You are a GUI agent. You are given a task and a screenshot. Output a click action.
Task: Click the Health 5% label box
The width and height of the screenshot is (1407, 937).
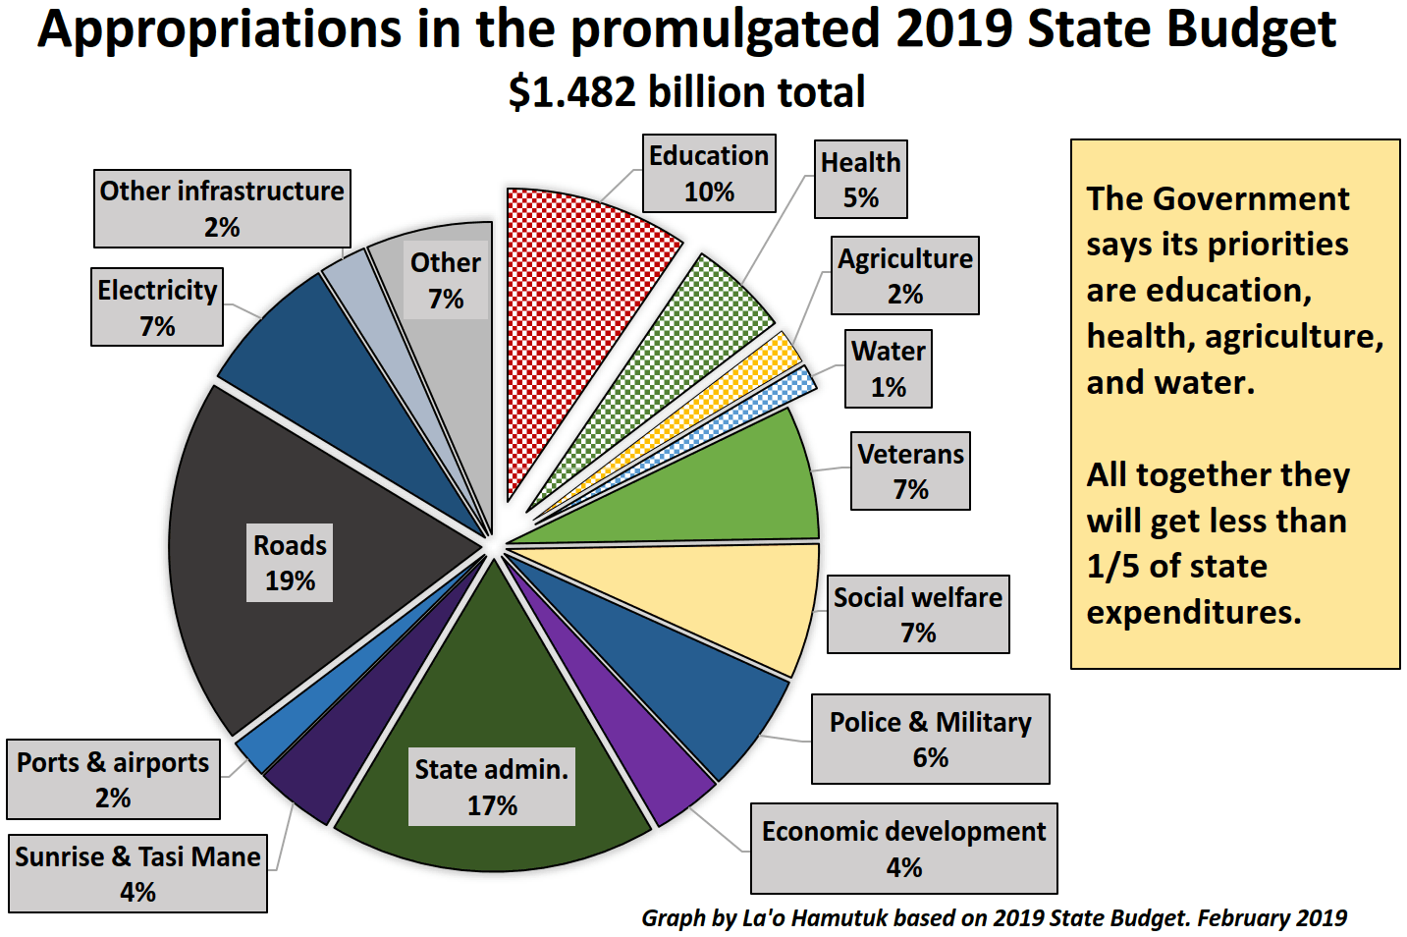860,179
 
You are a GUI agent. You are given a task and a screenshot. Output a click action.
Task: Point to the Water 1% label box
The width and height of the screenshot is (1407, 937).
888,368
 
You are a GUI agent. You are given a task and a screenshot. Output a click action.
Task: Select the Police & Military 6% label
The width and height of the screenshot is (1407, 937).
930,739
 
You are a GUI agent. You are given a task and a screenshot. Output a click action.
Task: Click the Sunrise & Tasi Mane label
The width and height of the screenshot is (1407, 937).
137,873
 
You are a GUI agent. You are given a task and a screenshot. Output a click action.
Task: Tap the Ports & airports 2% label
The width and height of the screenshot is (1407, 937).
113,779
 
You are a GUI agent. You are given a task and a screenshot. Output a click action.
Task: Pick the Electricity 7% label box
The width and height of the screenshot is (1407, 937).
157,306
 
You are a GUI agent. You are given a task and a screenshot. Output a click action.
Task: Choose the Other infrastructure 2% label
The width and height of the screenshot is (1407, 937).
222,208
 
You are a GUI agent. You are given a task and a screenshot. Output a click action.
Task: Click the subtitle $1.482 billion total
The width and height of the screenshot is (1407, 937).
686,92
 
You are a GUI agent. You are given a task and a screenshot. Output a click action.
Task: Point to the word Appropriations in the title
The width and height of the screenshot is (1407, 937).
219,29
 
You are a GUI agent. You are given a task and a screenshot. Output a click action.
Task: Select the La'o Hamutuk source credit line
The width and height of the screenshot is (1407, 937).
994,918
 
